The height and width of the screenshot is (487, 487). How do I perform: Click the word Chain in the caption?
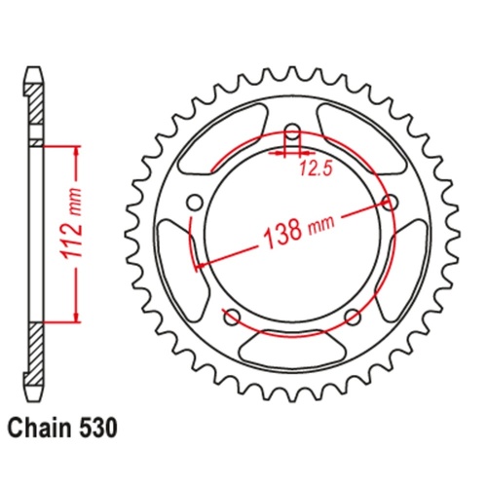39,426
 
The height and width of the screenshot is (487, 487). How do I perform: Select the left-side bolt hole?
193,202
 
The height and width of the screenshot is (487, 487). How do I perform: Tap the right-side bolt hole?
393,202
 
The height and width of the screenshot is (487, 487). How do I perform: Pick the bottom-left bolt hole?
231,315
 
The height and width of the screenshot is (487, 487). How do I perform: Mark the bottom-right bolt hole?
352,316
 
